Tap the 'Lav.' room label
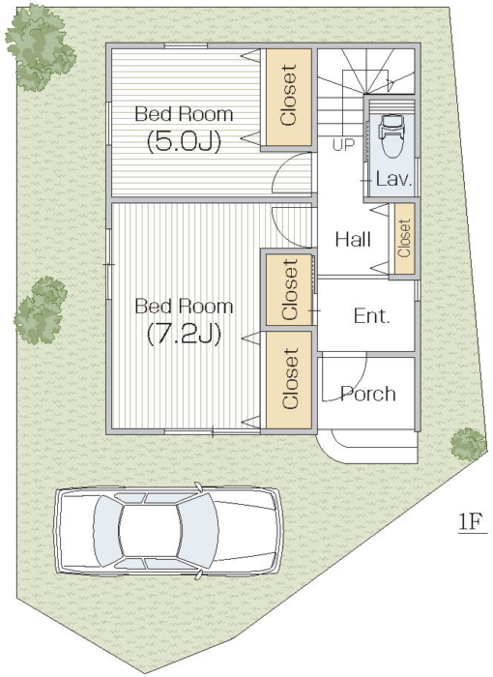pyautogui.click(x=393, y=179)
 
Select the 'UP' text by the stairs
pyautogui.click(x=343, y=145)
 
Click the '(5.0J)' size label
pyautogui.click(x=184, y=141)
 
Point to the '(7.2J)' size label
pyautogui.click(x=184, y=334)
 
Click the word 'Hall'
pyautogui.click(x=353, y=239)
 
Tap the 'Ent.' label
pyautogui.click(x=372, y=316)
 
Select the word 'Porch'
pyautogui.click(x=367, y=394)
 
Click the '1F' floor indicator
pyautogui.click(x=470, y=522)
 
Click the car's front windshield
pyautogui.click(x=198, y=529)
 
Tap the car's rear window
pyautogui.click(x=106, y=530)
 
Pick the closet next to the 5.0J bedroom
pyautogui.click(x=288, y=97)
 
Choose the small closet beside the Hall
pyautogui.click(x=404, y=238)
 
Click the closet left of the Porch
pyautogui.click(x=288, y=380)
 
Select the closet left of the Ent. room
pyautogui.click(x=288, y=289)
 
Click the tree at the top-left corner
pyautogui.click(x=40, y=47)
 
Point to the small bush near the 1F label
pyautogui.click(x=469, y=443)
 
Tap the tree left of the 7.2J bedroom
pyautogui.click(x=41, y=310)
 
